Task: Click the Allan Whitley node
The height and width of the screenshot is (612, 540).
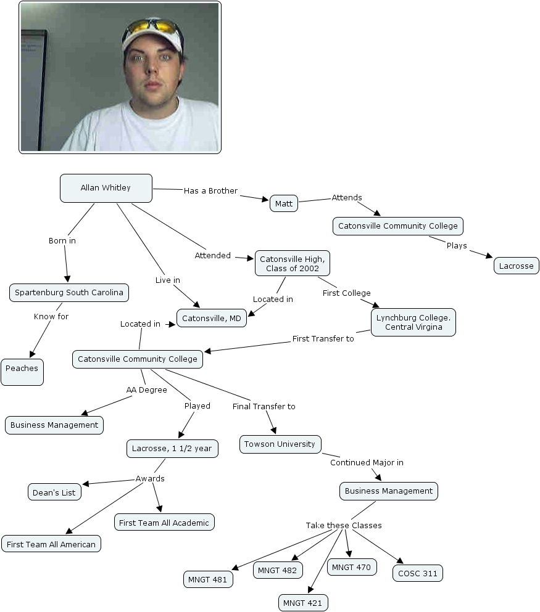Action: click(106, 188)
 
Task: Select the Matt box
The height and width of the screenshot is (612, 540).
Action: click(284, 203)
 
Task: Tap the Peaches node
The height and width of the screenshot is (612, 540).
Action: click(22, 369)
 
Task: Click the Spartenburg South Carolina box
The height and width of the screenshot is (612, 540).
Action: click(69, 292)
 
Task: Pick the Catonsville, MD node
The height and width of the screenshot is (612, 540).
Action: click(212, 318)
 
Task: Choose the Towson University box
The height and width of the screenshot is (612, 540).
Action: click(280, 444)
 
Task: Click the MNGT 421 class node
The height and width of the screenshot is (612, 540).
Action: click(302, 602)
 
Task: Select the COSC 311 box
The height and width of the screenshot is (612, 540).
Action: click(417, 573)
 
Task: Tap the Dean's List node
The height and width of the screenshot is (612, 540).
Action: click(54, 492)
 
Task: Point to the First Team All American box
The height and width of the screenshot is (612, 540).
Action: click(51, 544)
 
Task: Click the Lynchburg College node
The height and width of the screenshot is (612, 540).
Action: click(413, 322)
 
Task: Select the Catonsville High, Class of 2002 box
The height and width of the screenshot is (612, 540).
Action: click(293, 264)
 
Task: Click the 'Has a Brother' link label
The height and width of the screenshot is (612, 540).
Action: click(210, 191)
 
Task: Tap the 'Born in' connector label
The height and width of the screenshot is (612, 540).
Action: click(62, 240)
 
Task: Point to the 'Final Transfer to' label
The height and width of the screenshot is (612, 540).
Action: click(264, 406)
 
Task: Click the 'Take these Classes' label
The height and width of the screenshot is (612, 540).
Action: click(344, 525)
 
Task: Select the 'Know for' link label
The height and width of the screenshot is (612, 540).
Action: click(51, 316)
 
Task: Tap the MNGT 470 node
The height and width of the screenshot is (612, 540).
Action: click(351, 566)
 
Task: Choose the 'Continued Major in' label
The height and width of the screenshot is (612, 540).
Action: click(367, 462)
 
